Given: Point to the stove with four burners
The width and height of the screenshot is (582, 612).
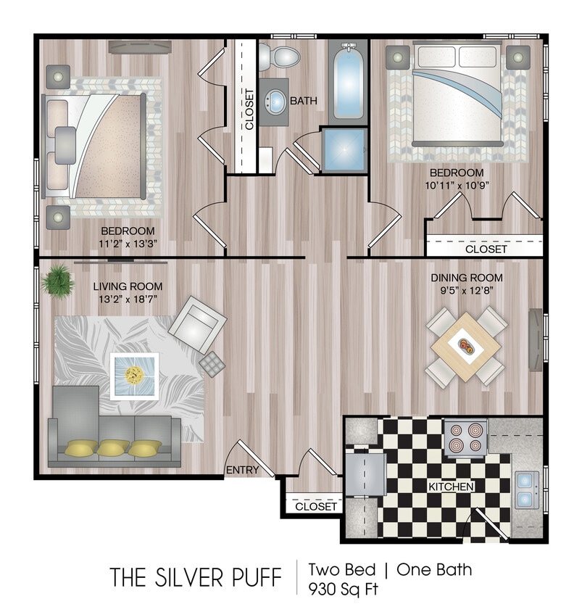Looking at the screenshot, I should coord(464,437).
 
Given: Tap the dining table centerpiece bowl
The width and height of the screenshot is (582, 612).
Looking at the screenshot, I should coord(465,346).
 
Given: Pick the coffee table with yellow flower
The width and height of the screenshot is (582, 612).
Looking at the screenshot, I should coord(134,375).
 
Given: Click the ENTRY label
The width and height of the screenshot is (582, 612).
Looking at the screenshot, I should coord(242,470).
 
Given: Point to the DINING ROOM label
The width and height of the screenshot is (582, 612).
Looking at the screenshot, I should coord(466,278).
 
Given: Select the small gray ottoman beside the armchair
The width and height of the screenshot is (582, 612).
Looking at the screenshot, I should coord(213,364).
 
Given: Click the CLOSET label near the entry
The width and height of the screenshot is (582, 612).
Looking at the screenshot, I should coord(316,506).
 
